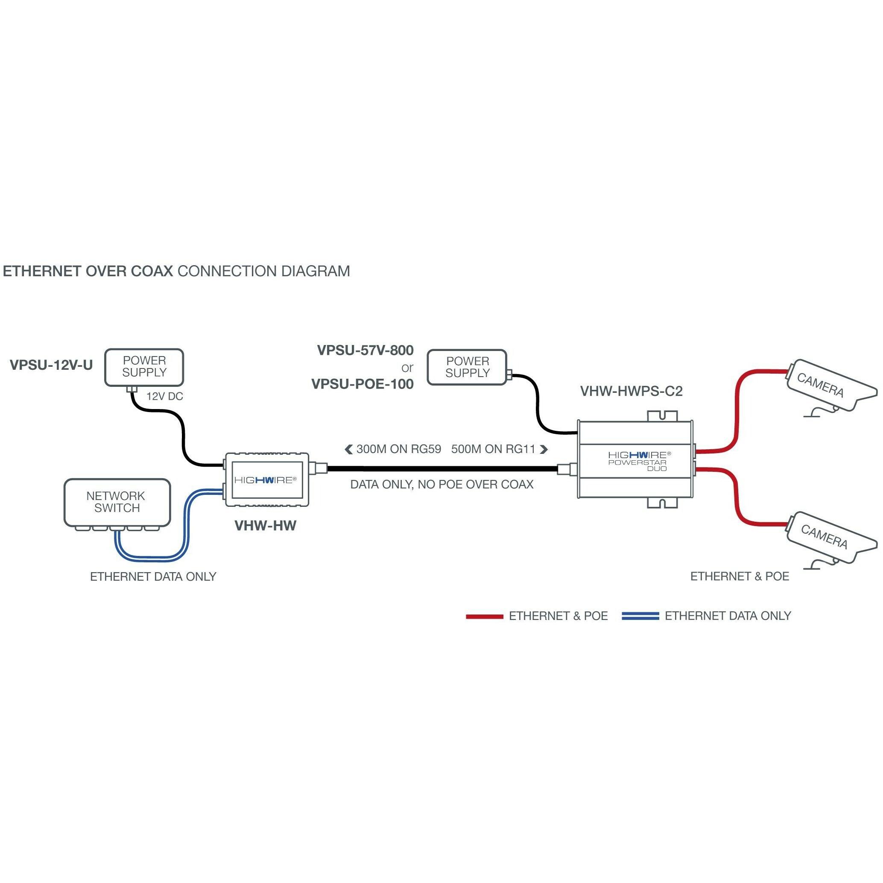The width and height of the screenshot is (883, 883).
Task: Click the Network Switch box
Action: [117, 502]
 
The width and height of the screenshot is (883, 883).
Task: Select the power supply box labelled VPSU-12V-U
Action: [144, 367]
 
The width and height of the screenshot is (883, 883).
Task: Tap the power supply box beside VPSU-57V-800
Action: [467, 368]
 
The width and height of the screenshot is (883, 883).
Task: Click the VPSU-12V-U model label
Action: [51, 365]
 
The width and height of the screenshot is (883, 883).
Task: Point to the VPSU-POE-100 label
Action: [363, 384]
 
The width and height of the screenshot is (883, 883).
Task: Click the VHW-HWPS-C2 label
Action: [631, 391]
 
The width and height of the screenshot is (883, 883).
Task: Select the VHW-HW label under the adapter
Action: [265, 526]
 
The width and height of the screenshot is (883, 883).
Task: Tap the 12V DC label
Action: [164, 396]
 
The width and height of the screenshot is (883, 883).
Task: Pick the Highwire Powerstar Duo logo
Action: [639, 461]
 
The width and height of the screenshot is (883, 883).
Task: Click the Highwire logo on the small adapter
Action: [265, 480]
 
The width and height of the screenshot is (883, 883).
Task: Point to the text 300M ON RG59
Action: [398, 449]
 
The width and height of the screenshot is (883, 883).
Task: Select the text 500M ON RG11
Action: [493, 449]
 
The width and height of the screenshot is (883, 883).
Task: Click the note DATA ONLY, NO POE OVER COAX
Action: [441, 485]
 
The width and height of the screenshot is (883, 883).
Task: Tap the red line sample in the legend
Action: [484, 617]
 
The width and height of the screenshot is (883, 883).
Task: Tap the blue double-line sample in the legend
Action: [640, 616]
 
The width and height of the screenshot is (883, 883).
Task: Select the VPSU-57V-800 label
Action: [365, 351]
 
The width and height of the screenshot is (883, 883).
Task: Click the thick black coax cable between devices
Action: [441, 468]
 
